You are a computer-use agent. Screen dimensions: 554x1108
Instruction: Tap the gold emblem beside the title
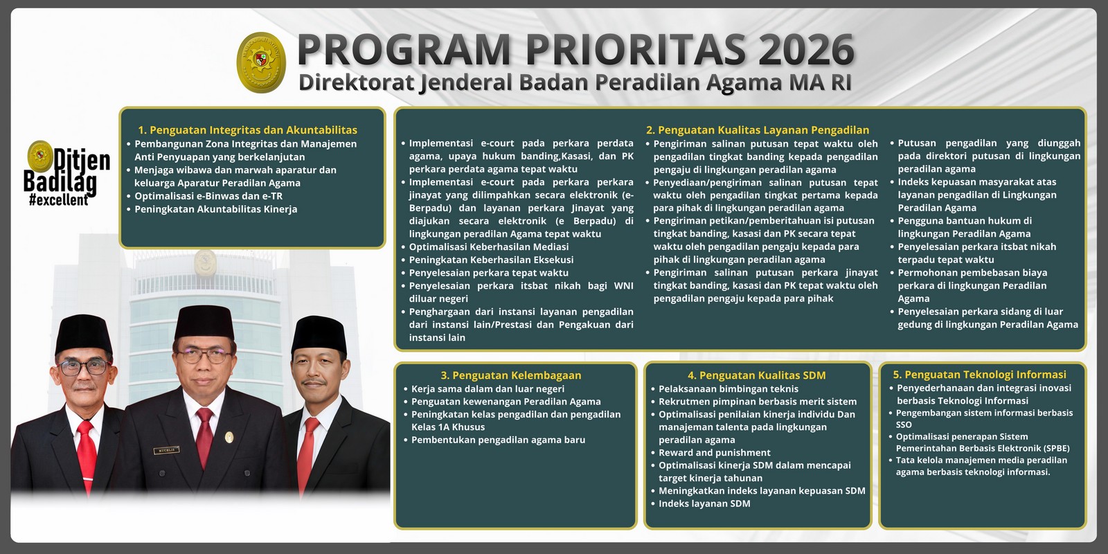262,62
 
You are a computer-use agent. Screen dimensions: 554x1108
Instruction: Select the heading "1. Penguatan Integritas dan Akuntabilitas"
247,129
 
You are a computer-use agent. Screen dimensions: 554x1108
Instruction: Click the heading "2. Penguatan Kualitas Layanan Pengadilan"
758,129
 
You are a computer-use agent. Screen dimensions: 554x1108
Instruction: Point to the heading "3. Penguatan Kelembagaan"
511,375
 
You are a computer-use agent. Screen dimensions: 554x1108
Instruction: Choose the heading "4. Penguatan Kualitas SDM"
756,375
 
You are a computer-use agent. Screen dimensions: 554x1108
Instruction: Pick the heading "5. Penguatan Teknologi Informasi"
979,375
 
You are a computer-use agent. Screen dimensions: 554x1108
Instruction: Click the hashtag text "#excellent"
59,200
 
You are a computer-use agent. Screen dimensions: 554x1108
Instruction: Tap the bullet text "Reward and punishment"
704,453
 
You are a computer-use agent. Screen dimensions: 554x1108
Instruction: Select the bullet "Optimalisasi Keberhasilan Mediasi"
488,247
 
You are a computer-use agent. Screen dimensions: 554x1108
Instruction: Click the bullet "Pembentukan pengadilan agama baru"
498,440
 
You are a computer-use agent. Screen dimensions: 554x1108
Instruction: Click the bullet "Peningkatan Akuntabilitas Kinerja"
215,209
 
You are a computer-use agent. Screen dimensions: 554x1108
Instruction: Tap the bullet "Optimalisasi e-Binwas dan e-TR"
208,196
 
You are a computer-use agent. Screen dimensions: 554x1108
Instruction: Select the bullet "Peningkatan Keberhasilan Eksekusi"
491,260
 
